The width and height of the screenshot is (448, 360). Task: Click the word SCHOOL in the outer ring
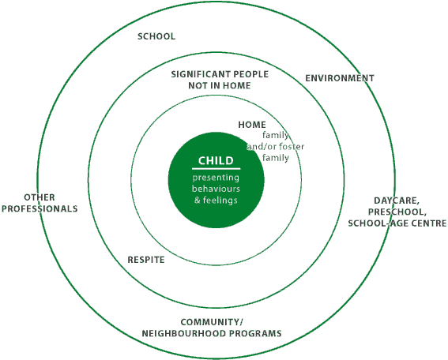[156, 36]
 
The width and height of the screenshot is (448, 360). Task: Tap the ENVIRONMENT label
[340, 78]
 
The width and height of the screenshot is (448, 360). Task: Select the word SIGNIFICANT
[200, 74]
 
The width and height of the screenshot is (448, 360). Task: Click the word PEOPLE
[251, 74]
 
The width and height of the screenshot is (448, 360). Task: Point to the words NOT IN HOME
[220, 85]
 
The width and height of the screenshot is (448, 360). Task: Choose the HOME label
[252, 125]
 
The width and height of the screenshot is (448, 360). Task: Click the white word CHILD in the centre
[216, 161]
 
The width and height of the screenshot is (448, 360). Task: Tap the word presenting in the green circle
[216, 178]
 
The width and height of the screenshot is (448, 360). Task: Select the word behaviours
[216, 189]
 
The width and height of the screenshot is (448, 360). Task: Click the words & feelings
[216, 200]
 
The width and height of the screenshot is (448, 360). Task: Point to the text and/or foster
[276, 147]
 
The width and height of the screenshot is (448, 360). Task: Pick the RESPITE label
[146, 260]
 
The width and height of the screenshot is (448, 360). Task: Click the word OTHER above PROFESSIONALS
[40, 197]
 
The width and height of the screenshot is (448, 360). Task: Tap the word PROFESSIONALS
[40, 208]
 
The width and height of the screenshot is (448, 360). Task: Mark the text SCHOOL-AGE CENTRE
[397, 223]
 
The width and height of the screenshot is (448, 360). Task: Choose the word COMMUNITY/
[212, 322]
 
